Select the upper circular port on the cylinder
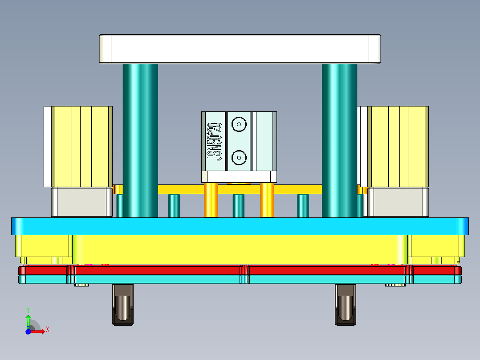(x=239, y=124)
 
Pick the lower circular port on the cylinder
(x=239, y=156)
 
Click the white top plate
(x=240, y=49)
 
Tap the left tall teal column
(x=140, y=140)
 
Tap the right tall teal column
(x=339, y=140)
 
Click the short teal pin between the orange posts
(x=239, y=206)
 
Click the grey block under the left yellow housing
(x=81, y=202)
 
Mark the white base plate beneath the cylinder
(x=239, y=177)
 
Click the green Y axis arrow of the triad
(x=28, y=319)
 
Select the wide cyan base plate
(x=240, y=226)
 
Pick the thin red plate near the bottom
(x=156, y=270)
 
